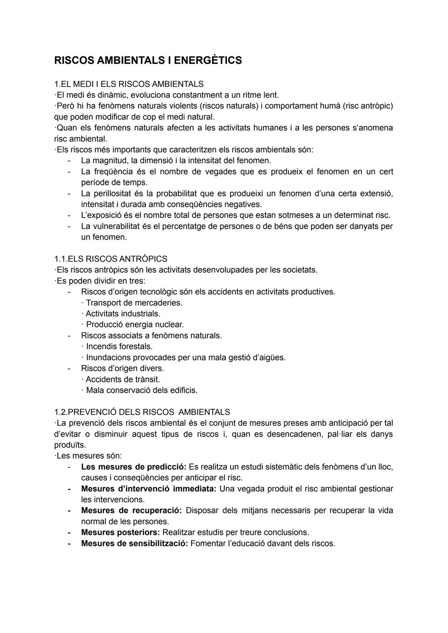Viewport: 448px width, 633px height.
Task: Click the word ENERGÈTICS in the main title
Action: (x=207, y=61)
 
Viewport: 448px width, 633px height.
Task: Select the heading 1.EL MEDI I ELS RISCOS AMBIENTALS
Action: (x=129, y=84)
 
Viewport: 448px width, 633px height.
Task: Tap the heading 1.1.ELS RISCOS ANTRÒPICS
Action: (x=111, y=259)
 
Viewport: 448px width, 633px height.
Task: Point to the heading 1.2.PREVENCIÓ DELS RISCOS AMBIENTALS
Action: (x=142, y=412)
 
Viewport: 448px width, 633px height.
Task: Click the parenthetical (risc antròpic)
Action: (x=368, y=106)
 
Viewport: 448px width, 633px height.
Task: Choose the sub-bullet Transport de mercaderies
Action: (x=134, y=303)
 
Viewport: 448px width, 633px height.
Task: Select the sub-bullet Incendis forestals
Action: (x=119, y=347)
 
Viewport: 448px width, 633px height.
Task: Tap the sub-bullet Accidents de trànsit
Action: (x=122, y=379)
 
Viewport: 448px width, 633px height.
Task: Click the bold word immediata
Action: (x=194, y=489)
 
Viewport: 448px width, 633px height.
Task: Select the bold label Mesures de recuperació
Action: (x=131, y=511)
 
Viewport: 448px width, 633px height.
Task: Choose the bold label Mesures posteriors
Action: (x=120, y=533)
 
